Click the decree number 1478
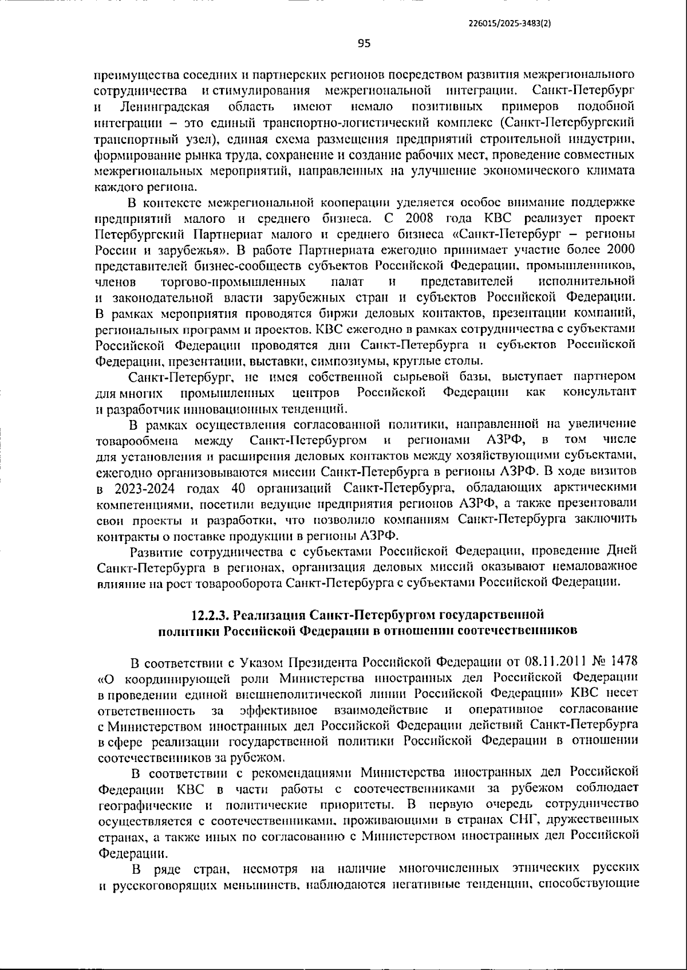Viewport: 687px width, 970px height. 625,663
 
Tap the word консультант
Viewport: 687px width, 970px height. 599,392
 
